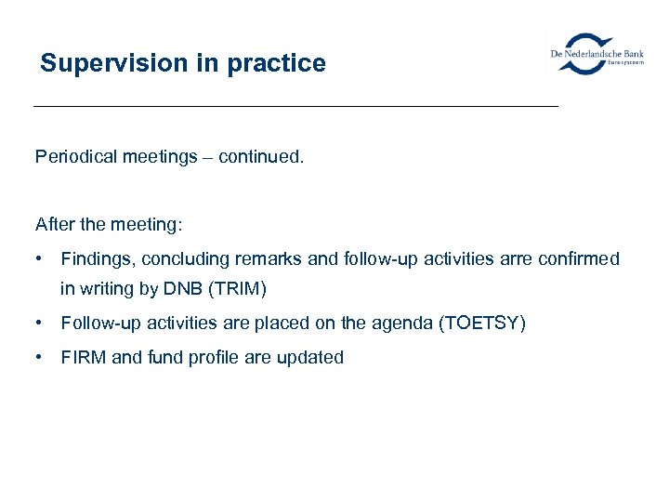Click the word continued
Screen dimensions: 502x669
click(260, 157)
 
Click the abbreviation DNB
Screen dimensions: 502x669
click(184, 289)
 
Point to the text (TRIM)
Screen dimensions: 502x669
click(238, 289)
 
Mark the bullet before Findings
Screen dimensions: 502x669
click(40, 259)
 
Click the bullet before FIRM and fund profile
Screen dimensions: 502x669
click(40, 358)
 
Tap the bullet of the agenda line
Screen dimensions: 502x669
click(40, 324)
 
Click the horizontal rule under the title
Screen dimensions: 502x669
click(295, 107)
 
